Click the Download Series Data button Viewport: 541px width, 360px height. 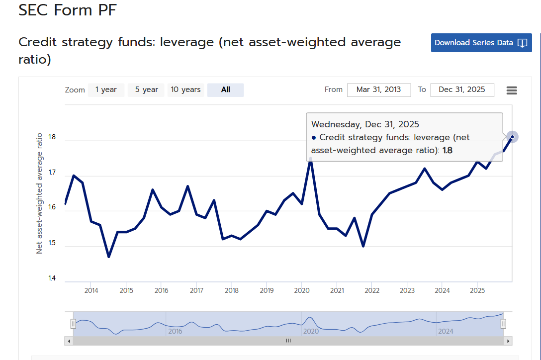click(x=481, y=43)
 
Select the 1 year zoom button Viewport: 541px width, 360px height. click(x=106, y=90)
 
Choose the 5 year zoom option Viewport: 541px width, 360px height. click(x=146, y=90)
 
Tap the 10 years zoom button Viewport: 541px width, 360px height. click(x=185, y=90)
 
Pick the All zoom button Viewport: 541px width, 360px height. click(x=225, y=90)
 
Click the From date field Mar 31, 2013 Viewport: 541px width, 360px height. click(x=379, y=90)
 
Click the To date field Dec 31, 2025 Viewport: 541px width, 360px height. click(x=462, y=90)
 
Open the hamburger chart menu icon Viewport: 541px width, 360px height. click(x=512, y=90)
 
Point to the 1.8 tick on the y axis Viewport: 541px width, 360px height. click(x=52, y=137)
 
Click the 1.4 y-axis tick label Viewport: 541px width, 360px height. click(x=52, y=278)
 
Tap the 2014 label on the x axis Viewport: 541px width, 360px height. click(x=91, y=290)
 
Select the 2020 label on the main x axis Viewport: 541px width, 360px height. click(x=301, y=290)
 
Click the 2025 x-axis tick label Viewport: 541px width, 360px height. click(x=477, y=290)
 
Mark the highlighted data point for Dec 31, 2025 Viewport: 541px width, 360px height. click(x=512, y=137)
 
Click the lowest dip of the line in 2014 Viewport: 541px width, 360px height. click(x=109, y=257)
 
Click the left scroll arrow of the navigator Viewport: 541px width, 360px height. click(x=69, y=341)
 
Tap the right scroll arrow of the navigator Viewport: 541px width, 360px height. click(x=508, y=341)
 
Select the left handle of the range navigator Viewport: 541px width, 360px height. click(x=73, y=324)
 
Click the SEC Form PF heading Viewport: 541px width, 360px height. click(x=68, y=10)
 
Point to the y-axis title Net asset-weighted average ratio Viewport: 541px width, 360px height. click(x=39, y=193)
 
